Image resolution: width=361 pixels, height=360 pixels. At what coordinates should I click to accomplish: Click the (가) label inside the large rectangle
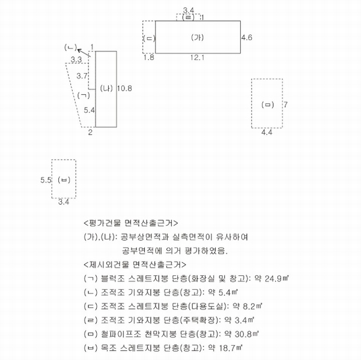pos(197,37)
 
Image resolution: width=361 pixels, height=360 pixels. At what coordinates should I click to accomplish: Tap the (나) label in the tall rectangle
pos(106,88)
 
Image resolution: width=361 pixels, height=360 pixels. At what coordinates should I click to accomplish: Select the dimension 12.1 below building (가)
pos(197,58)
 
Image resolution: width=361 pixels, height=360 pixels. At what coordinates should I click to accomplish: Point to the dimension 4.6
pos(247,37)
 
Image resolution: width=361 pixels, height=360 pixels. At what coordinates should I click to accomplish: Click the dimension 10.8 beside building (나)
pos(124,88)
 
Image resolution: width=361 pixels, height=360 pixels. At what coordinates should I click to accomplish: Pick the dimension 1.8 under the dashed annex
pos(149,57)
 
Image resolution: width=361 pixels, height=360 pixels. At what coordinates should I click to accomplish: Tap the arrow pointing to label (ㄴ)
pos(84,53)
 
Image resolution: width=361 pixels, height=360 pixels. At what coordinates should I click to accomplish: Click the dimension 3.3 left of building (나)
pos(76,59)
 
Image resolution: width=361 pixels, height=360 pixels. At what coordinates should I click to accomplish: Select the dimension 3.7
pos(82,76)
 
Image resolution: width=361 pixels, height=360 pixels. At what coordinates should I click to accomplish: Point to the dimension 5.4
pos(89,110)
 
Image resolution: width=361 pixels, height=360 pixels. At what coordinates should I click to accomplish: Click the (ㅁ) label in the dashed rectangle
pos(268,104)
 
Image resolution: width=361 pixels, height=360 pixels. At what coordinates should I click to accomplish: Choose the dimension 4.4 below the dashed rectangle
pos(267,132)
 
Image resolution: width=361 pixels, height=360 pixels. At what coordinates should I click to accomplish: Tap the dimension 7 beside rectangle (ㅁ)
pos(285,104)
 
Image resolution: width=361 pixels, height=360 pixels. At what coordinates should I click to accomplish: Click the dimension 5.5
pos(46,180)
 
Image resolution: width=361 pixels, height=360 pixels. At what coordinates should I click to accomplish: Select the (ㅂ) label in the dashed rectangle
pos(64,180)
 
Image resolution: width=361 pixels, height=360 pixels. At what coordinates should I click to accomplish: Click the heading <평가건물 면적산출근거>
pos(131,223)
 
